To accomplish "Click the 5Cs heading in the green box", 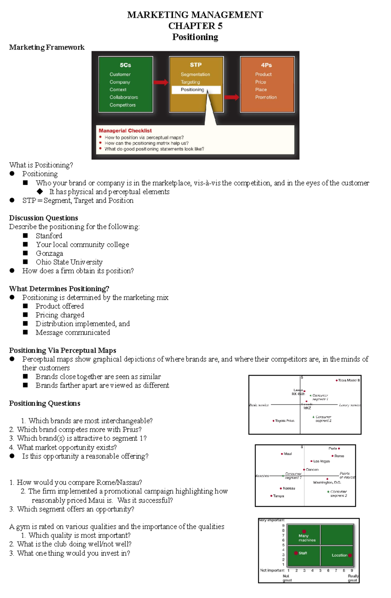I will [125, 65].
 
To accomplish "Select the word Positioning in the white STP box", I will [192, 90].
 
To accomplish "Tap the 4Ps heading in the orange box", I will [266, 65].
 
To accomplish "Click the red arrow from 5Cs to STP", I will [161, 82].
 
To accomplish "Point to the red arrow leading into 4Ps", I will [232, 97].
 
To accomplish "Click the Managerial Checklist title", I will [125, 131].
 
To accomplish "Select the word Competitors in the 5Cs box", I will [123, 105].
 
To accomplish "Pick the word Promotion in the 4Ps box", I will [266, 97].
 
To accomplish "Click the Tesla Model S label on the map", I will [349, 380].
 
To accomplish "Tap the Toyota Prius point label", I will [284, 421].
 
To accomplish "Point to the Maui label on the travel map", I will [288, 454].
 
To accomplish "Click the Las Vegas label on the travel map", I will [321, 461].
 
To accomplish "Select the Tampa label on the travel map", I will [278, 496].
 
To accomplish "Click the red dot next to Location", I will [350, 555].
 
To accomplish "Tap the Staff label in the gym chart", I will [303, 553].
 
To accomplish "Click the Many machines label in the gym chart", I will [307, 538].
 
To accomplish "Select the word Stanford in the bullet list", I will [49, 236].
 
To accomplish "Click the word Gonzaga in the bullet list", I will [50, 253].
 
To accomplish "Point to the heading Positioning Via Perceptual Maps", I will [63, 350].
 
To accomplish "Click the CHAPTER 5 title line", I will [195, 26].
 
